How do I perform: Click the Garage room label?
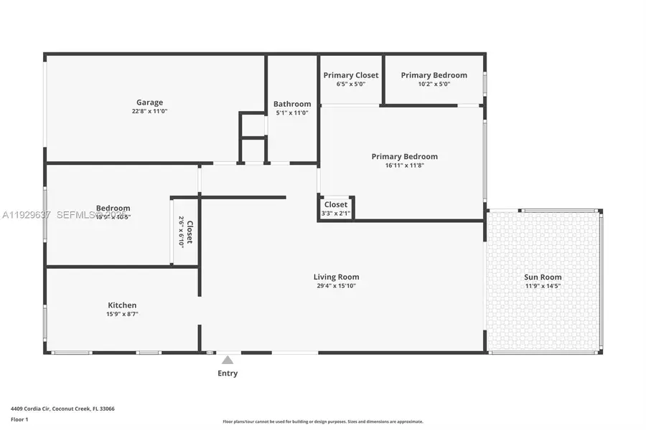149,102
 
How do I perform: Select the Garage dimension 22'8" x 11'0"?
149,112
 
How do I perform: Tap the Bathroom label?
292,104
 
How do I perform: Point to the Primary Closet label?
351,75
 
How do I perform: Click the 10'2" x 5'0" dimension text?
434,84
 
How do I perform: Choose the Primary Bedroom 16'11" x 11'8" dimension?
404,166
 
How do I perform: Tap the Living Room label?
336,277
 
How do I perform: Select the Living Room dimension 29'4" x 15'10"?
336,286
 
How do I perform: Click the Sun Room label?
543,277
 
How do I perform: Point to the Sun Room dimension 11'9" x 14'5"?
543,286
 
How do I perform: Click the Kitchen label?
122,305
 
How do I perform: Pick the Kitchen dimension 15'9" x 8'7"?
122,314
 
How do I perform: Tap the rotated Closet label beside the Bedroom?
189,232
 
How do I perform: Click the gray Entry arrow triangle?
228,360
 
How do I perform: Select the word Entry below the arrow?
228,373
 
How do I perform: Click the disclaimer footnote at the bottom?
322,421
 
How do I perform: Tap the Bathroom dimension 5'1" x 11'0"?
292,113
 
